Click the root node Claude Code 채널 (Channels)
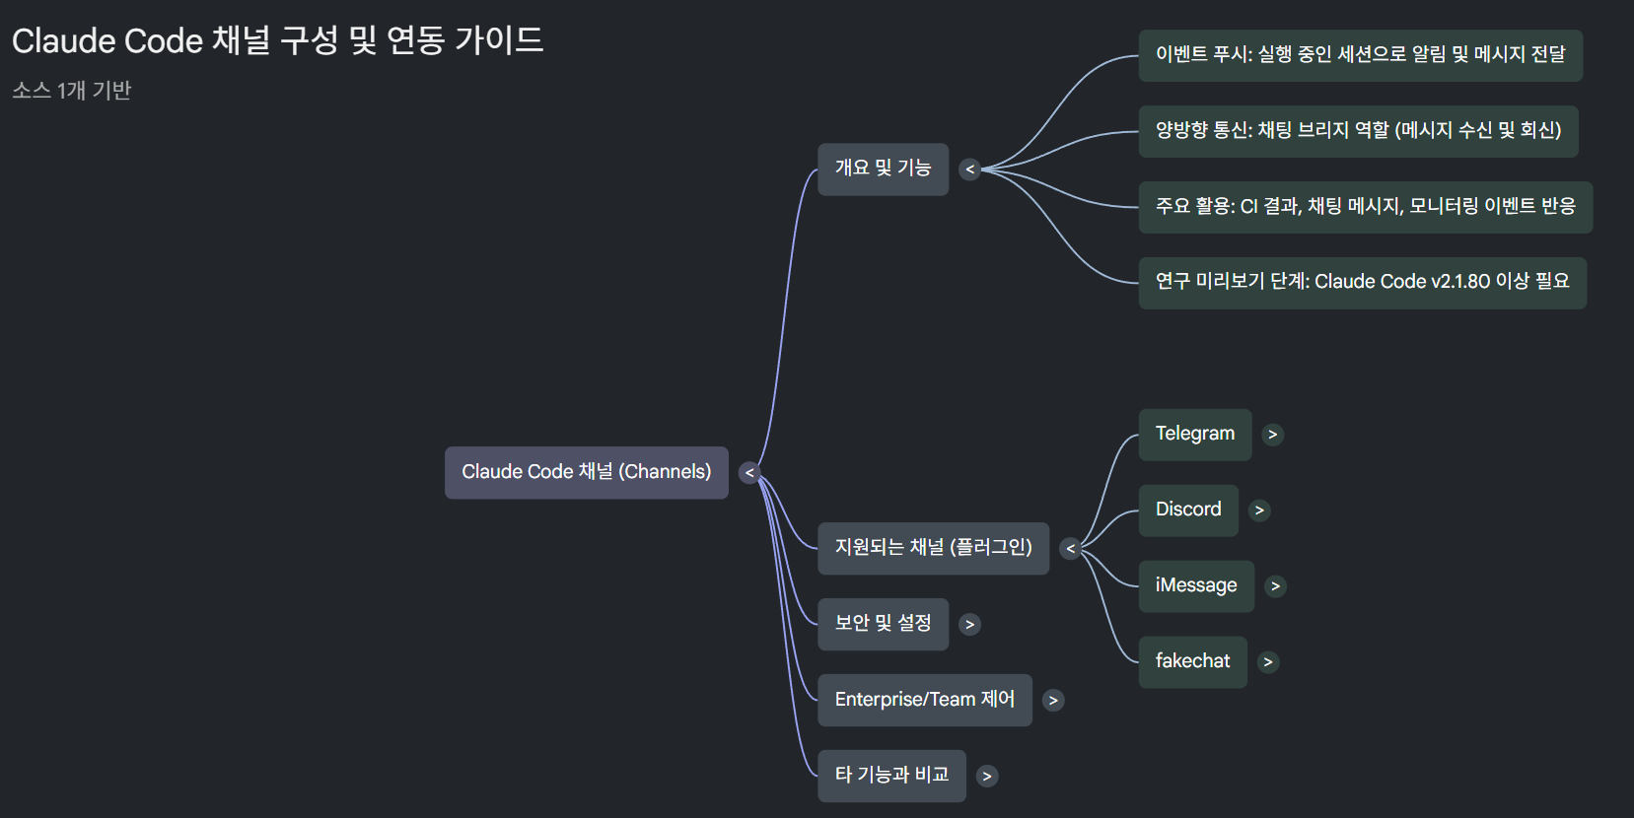[x=586, y=472]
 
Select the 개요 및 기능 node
[x=883, y=169]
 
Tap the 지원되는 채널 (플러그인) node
[x=933, y=548]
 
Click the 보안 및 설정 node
[x=883, y=624]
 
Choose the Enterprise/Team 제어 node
[x=924, y=700]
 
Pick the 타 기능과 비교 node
[x=891, y=776]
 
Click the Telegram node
[x=1194, y=435]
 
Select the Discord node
[x=1187, y=511]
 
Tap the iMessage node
[x=1195, y=586]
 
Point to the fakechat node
[x=1192, y=662]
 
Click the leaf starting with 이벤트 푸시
[x=1360, y=55]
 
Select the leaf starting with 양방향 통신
[x=1358, y=131]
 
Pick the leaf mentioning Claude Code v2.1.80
[x=1362, y=283]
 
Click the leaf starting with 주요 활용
[x=1365, y=207]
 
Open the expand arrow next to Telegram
[x=1273, y=435]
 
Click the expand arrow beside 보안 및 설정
[x=970, y=625]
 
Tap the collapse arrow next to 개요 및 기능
[x=970, y=170]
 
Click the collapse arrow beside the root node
[x=749, y=473]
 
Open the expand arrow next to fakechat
[x=1268, y=662]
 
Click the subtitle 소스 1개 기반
[x=72, y=91]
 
